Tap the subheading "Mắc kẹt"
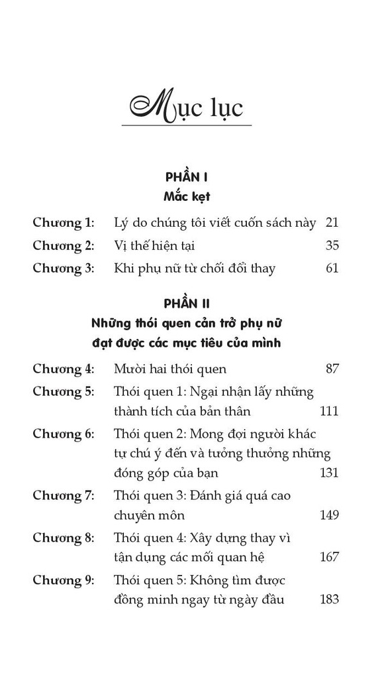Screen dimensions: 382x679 tap(186, 197)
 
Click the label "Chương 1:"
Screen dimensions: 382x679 tap(64, 223)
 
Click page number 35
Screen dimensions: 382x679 tap(332, 246)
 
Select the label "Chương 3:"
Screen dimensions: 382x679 tap(64, 269)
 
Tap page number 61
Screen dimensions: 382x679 tap(332, 269)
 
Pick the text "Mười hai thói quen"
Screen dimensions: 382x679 tap(170, 369)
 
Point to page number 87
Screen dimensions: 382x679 tap(332, 369)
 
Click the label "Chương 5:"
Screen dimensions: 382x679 tap(64, 391)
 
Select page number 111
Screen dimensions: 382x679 tap(329, 411)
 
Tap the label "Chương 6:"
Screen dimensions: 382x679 tap(64, 434)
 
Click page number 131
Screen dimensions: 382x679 tap(329, 473)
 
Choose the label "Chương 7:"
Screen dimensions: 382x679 tap(64, 496)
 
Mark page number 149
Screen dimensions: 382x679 tap(329, 515)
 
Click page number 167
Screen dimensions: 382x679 tap(329, 557)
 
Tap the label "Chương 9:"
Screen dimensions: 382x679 tap(64, 580)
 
